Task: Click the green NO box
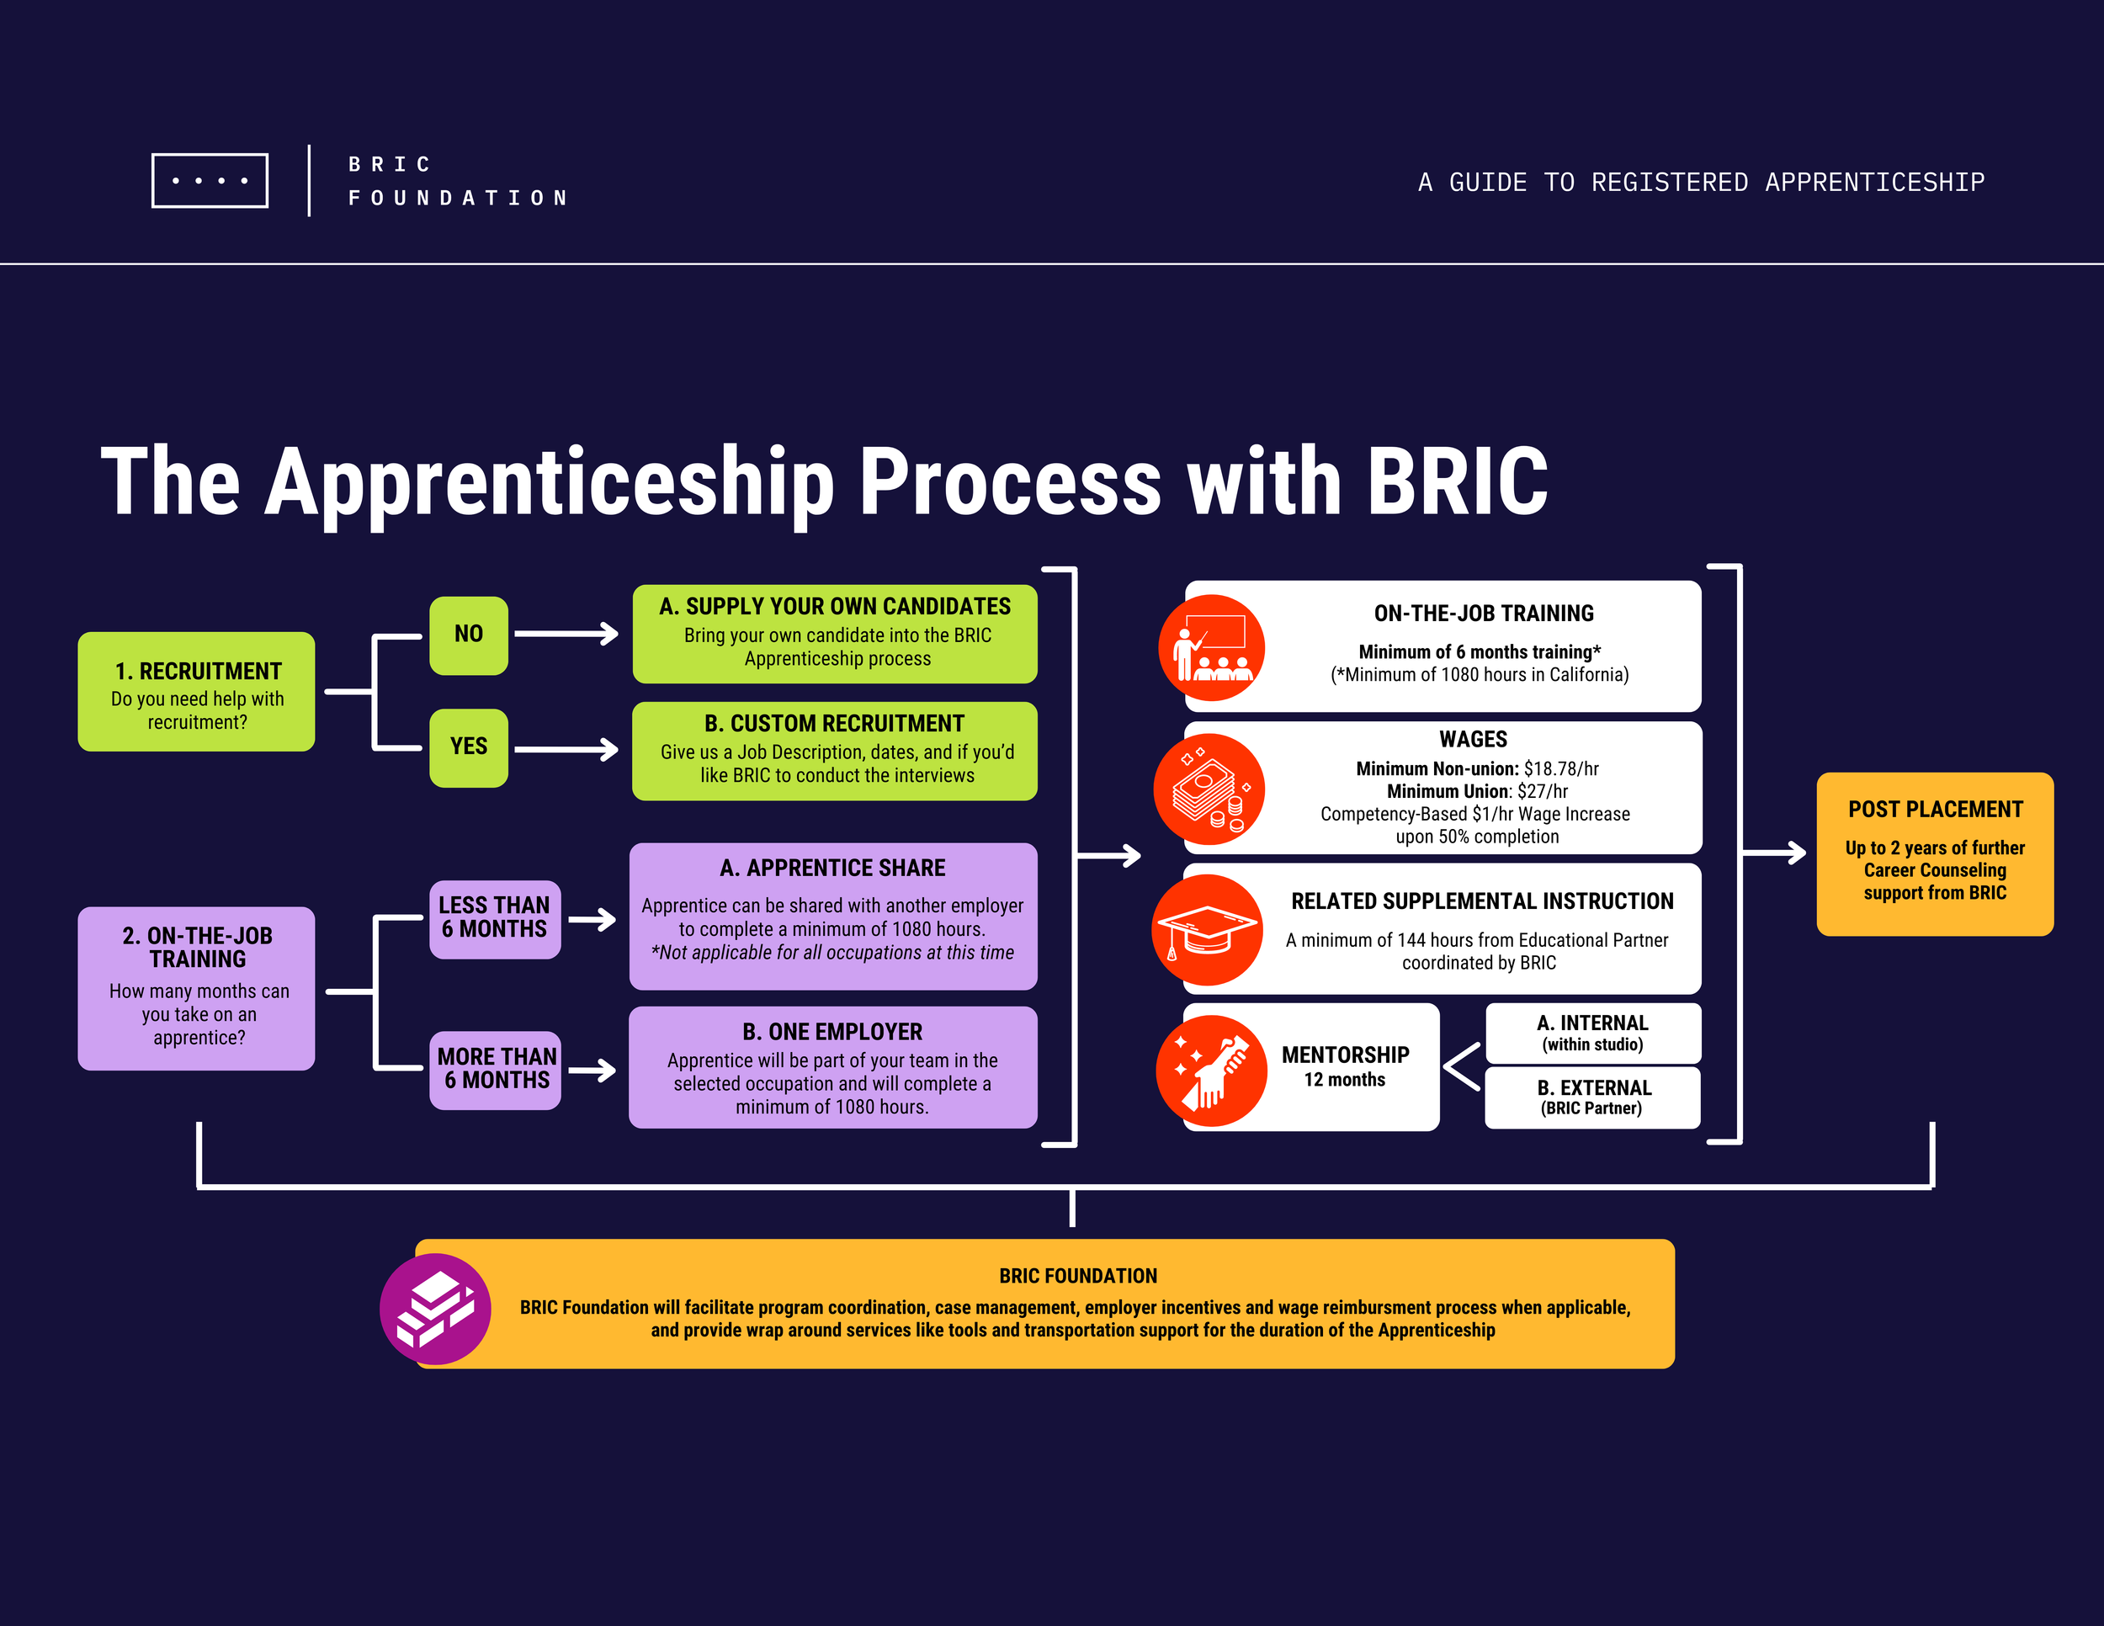[468, 635]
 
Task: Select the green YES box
[468, 747]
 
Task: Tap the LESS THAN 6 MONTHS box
[494, 919]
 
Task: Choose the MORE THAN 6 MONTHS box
[495, 1069]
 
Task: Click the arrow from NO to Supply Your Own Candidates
[566, 634]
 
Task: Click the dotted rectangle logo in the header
[210, 180]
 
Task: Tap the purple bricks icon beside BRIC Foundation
[435, 1308]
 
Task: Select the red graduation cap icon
[1208, 929]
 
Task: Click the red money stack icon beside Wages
[1209, 789]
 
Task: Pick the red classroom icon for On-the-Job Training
[1211, 647]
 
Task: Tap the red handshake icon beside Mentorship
[1211, 1071]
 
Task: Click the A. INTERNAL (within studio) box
[1592, 1033]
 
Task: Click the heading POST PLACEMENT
[1935, 809]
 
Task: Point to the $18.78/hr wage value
[1560, 768]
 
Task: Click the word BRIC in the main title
[1457, 481]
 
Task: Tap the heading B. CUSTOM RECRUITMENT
[834, 724]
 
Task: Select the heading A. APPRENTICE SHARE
[832, 868]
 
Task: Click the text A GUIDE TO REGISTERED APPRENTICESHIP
[1700, 182]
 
